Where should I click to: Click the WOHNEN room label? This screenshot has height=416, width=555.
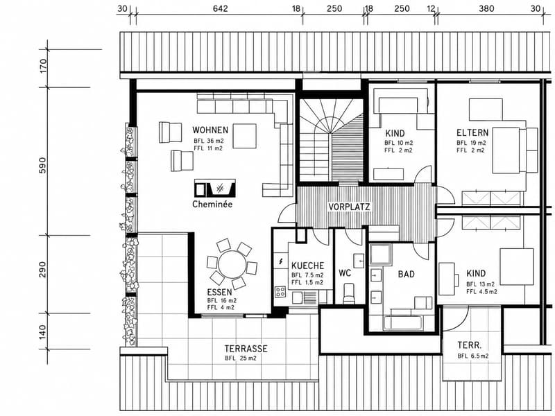click(x=210, y=130)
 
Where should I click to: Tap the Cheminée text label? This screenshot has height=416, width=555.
click(x=212, y=204)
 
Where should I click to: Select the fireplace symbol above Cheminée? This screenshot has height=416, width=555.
click(x=215, y=188)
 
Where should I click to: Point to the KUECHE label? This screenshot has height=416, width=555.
click(x=307, y=266)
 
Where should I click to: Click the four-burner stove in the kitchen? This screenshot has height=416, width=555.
click(x=281, y=291)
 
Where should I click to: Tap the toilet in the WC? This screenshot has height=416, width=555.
click(x=349, y=293)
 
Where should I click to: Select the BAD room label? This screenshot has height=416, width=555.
click(x=406, y=274)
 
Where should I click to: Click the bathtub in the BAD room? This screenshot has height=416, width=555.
click(x=403, y=322)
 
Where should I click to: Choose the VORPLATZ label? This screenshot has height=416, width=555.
click(x=349, y=207)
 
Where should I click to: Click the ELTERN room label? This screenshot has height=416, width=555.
click(x=472, y=133)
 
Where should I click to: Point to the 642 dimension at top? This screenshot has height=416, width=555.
click(x=220, y=8)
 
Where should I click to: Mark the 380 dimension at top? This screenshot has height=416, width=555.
click(x=486, y=8)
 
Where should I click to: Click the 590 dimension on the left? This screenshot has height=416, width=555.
click(x=42, y=165)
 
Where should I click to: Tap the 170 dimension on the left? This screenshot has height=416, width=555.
click(x=42, y=65)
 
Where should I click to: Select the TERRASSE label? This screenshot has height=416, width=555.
click(x=246, y=349)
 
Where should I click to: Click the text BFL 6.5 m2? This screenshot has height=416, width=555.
click(x=473, y=356)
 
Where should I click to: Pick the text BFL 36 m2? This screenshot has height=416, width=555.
click(x=209, y=141)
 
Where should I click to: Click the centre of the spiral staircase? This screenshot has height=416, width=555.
click(x=331, y=133)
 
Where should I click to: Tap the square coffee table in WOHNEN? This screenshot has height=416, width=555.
click(x=244, y=136)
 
